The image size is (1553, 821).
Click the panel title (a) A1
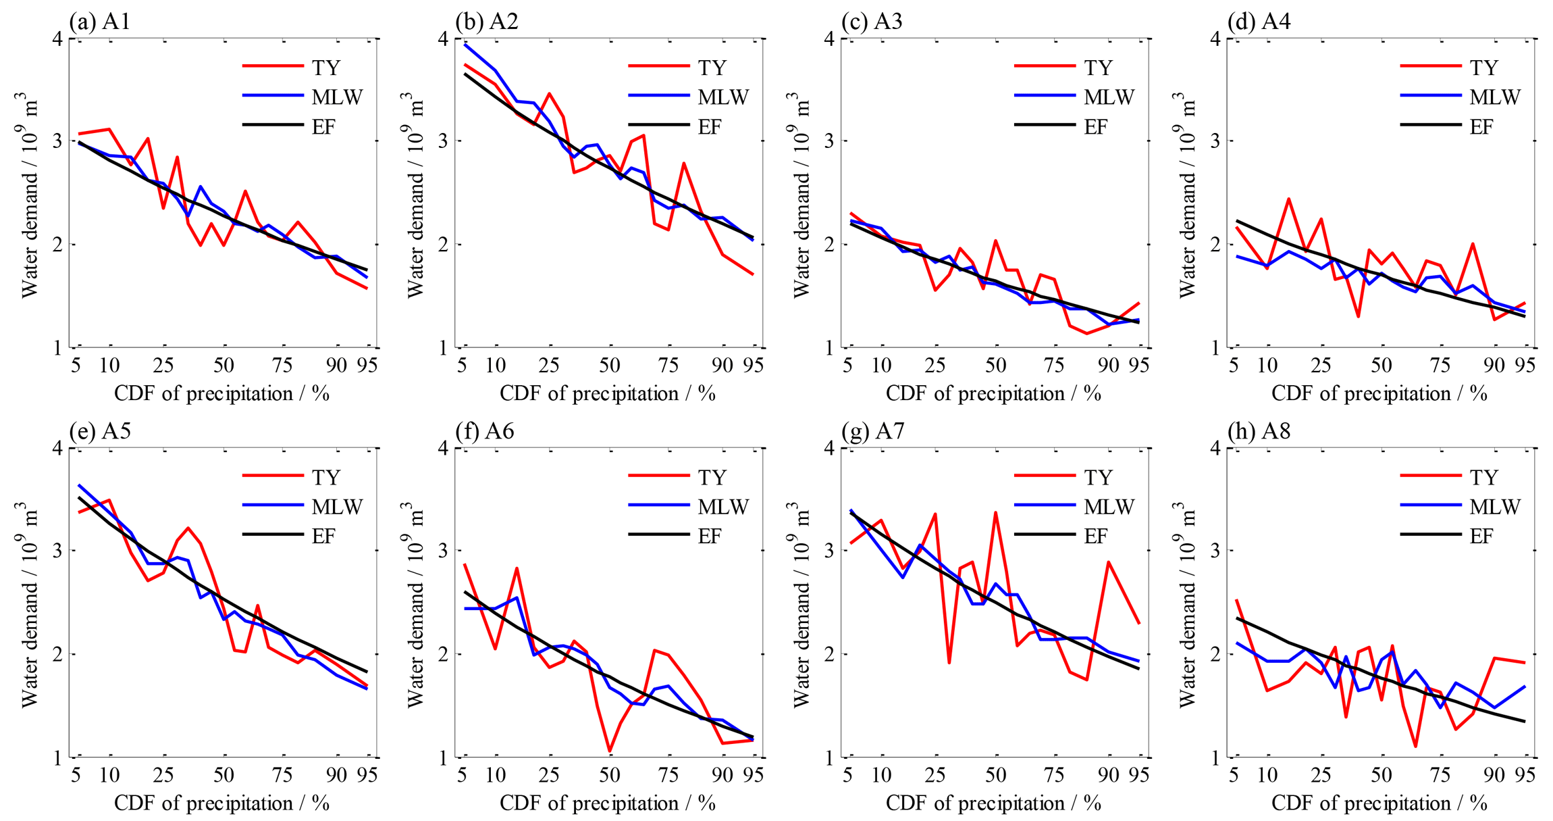100,22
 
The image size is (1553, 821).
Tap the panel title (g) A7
872,431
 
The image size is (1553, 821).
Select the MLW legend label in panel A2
722,97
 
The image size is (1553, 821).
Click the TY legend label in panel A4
1484,68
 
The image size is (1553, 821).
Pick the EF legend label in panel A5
323,537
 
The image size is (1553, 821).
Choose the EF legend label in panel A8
1481,537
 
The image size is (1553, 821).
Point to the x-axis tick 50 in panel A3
995,366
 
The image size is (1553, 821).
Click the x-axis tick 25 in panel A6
549,775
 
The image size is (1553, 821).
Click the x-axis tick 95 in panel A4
1525,366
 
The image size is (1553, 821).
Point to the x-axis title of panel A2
608,393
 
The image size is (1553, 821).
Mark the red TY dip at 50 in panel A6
610,751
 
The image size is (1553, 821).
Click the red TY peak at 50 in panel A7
995,513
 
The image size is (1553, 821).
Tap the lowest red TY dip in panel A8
1415,746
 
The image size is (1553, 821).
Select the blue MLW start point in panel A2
465,45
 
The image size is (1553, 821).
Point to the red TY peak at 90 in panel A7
1108,562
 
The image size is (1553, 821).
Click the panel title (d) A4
1259,22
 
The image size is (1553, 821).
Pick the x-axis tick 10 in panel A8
1267,775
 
